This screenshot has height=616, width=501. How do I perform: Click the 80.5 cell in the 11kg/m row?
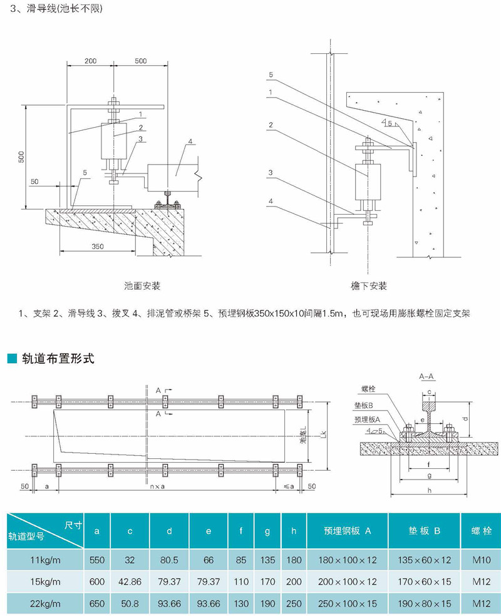pyautogui.click(x=169, y=560)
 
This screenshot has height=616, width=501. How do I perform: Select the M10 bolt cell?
pyautogui.click(x=482, y=560)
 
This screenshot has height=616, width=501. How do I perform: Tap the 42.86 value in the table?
pyautogui.click(x=130, y=582)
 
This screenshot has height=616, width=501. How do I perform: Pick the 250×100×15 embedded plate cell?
pyautogui.click(x=348, y=603)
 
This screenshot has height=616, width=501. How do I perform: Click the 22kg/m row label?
pyautogui.click(x=45, y=603)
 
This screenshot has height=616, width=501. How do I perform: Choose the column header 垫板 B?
pyautogui.click(x=425, y=531)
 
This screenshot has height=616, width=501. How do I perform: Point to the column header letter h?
pyautogui.click(x=294, y=531)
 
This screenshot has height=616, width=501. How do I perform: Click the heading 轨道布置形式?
pyautogui.click(x=58, y=359)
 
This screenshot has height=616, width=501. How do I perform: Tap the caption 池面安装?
pyautogui.click(x=142, y=285)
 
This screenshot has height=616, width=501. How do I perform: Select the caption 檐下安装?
pyautogui.click(x=369, y=285)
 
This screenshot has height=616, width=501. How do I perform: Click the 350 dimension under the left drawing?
pyautogui.click(x=98, y=246)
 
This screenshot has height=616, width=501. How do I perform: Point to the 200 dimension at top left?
pyautogui.click(x=90, y=61)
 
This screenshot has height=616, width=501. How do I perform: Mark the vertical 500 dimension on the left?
pyautogui.click(x=22, y=157)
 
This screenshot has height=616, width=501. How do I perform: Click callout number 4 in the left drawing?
pyautogui.click(x=190, y=141)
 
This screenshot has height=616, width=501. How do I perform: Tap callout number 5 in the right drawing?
pyautogui.click(x=271, y=74)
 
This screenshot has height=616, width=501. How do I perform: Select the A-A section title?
pyautogui.click(x=426, y=376)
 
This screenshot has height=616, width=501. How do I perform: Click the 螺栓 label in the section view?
pyautogui.click(x=368, y=389)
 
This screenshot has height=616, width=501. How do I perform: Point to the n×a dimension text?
pyautogui.click(x=157, y=486)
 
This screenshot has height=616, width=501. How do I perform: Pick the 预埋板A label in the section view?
pyautogui.click(x=368, y=419)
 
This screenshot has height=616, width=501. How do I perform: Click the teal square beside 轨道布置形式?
pyautogui.click(x=12, y=358)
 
